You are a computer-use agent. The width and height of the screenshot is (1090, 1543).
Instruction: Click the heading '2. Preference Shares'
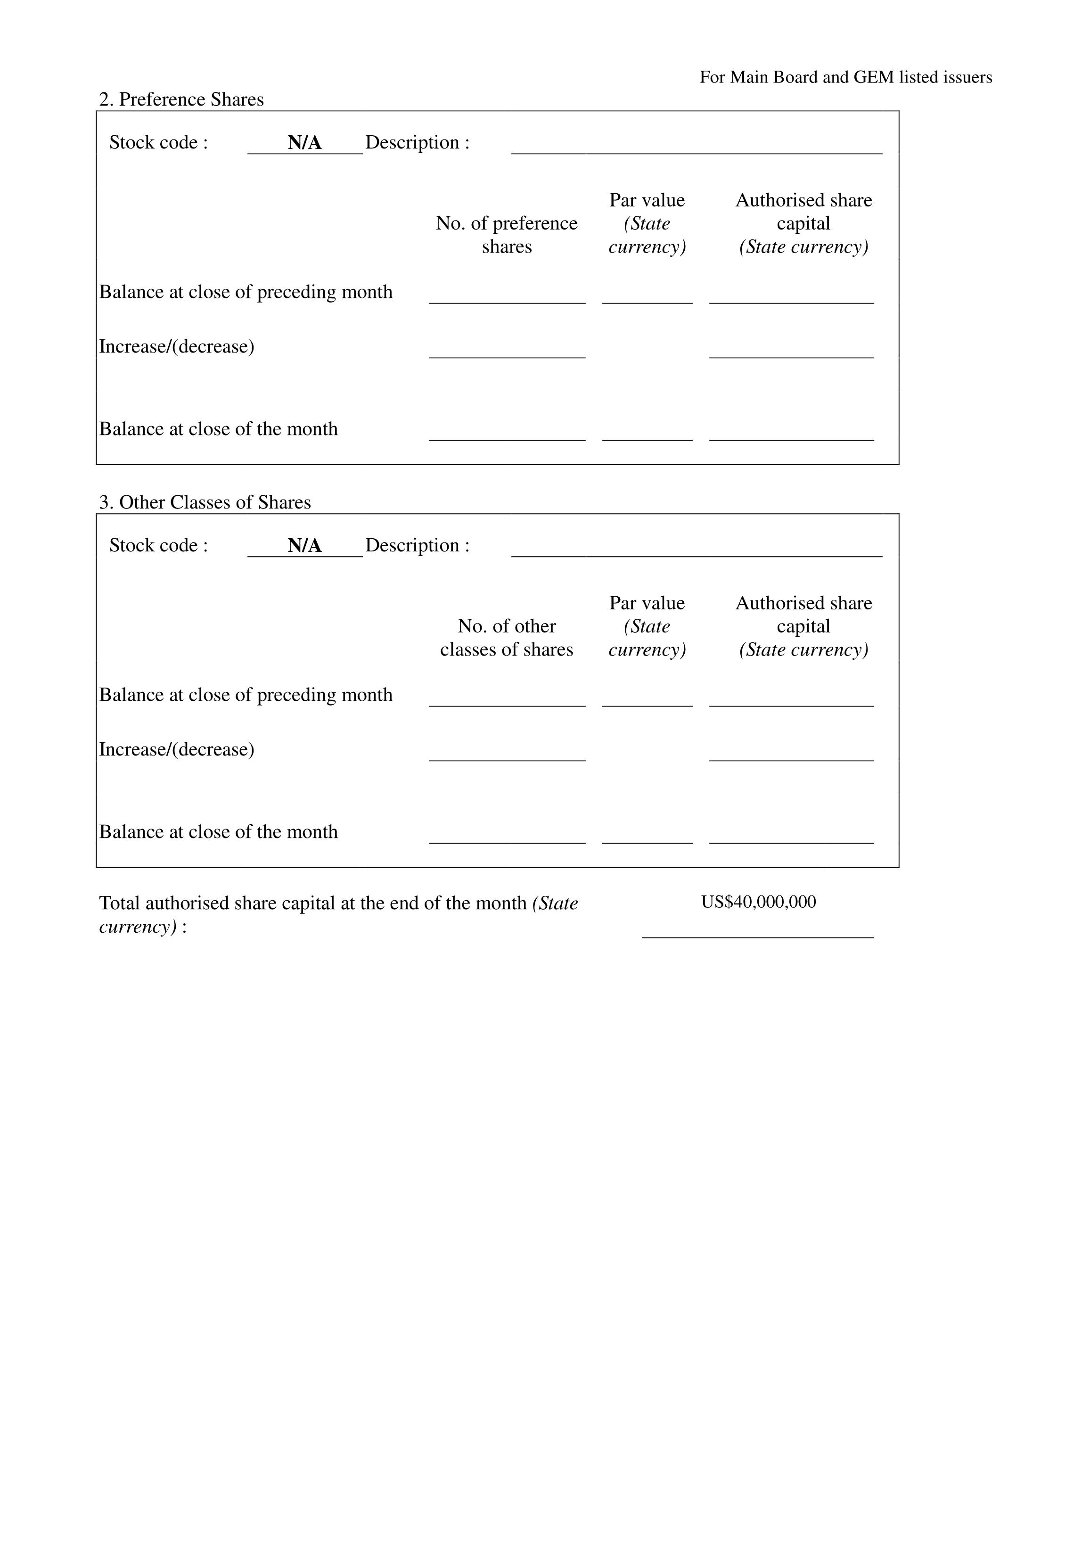[x=181, y=99]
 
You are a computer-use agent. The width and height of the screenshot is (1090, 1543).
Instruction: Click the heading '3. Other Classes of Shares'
[x=205, y=503]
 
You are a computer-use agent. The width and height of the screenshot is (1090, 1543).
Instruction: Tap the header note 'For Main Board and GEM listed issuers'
[x=845, y=77]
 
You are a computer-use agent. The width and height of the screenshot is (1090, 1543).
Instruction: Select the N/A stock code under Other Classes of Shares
[x=304, y=546]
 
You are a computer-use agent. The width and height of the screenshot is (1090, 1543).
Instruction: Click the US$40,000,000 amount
[x=758, y=902]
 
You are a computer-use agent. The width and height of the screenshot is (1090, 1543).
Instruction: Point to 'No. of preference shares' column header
[x=507, y=235]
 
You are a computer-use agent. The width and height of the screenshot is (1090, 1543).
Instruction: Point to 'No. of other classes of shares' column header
[x=507, y=638]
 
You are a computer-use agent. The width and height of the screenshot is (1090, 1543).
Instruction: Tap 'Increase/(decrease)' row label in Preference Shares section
[x=177, y=347]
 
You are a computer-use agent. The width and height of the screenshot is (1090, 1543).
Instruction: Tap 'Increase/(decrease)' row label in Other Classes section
[x=177, y=750]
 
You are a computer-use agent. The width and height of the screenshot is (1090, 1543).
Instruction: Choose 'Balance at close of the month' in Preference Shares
[x=218, y=429]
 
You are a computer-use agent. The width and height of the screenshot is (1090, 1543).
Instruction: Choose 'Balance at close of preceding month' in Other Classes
[x=246, y=695]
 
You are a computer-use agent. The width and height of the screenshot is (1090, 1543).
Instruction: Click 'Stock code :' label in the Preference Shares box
[x=159, y=142]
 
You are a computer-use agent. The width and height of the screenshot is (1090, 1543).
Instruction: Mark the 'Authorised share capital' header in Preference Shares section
[x=804, y=212]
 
